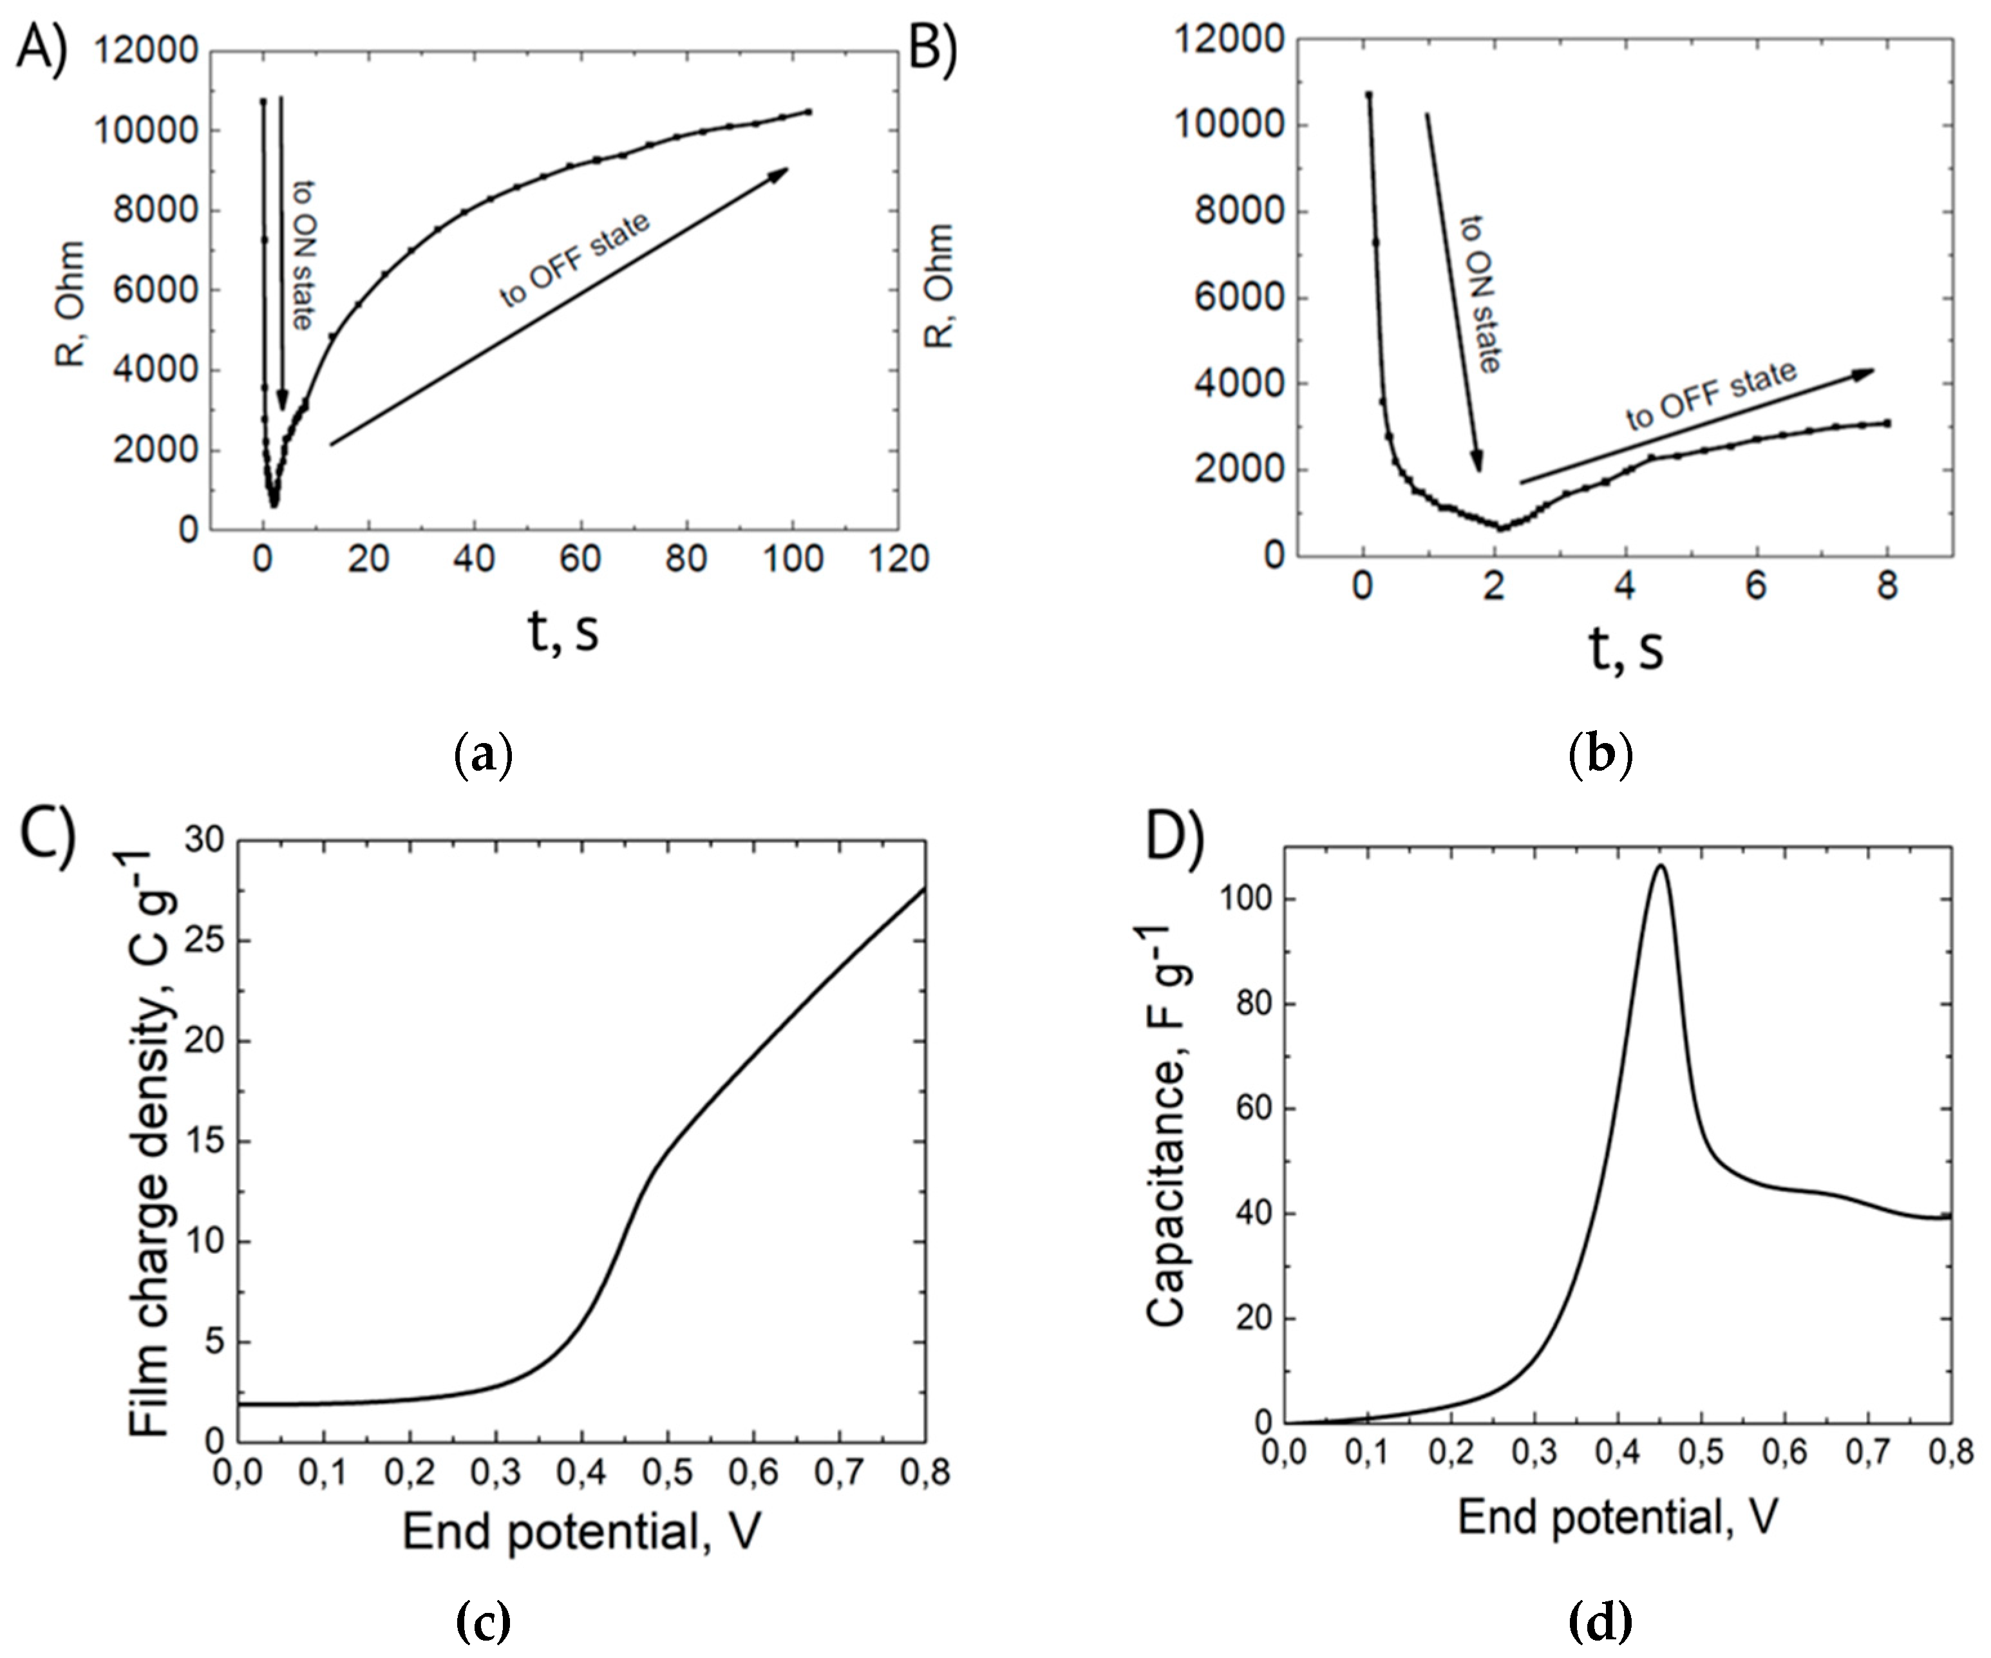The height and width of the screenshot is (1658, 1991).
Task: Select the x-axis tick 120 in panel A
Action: tap(899, 560)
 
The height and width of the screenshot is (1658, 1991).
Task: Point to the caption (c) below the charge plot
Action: tap(484, 1622)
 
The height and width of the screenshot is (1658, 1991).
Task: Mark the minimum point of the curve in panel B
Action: tap(1502, 527)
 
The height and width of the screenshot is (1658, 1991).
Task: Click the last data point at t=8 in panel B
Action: tap(1888, 423)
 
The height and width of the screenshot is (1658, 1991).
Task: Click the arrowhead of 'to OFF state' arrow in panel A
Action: tap(783, 171)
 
